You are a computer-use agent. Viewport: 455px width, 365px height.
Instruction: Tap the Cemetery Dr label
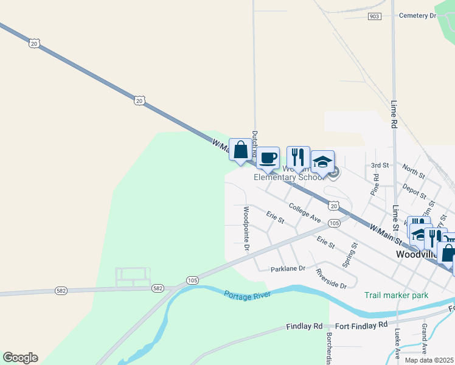(x=418, y=15)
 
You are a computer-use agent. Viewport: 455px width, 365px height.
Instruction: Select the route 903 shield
(x=375, y=16)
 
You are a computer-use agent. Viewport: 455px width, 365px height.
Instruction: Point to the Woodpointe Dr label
(x=246, y=229)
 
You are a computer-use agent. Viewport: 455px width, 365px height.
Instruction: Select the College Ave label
(x=305, y=212)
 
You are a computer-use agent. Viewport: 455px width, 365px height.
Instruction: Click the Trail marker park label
(x=396, y=296)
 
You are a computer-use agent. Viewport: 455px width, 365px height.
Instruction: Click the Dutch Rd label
(x=255, y=141)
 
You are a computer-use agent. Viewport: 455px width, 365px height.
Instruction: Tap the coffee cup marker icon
(x=268, y=158)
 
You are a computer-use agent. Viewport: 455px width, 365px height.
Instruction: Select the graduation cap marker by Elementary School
(x=322, y=162)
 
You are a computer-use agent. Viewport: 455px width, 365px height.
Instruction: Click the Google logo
(x=20, y=358)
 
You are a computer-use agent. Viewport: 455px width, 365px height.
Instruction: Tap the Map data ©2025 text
(x=429, y=360)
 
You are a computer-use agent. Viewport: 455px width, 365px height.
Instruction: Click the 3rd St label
(x=380, y=165)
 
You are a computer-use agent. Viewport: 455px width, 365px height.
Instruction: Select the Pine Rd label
(x=375, y=184)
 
